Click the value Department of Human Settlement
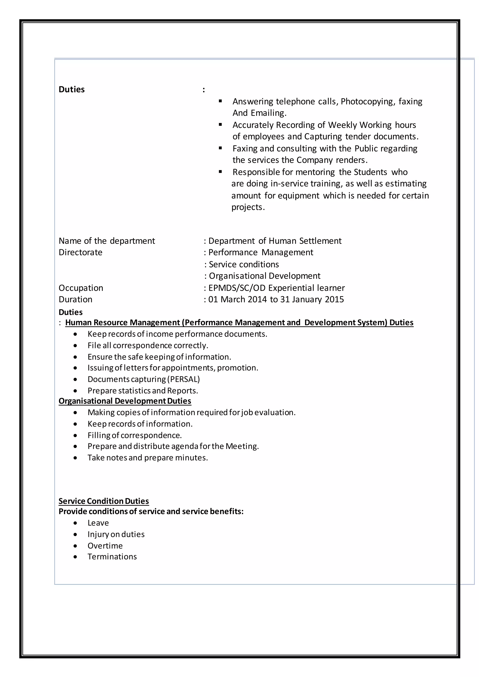tap(275, 241)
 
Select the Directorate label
tap(80, 252)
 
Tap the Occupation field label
tap(81, 288)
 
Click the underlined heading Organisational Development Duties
tap(125, 401)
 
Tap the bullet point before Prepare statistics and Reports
tap(76, 391)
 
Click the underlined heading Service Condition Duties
tap(104, 501)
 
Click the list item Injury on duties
tap(116, 534)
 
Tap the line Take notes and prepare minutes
tap(148, 458)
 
